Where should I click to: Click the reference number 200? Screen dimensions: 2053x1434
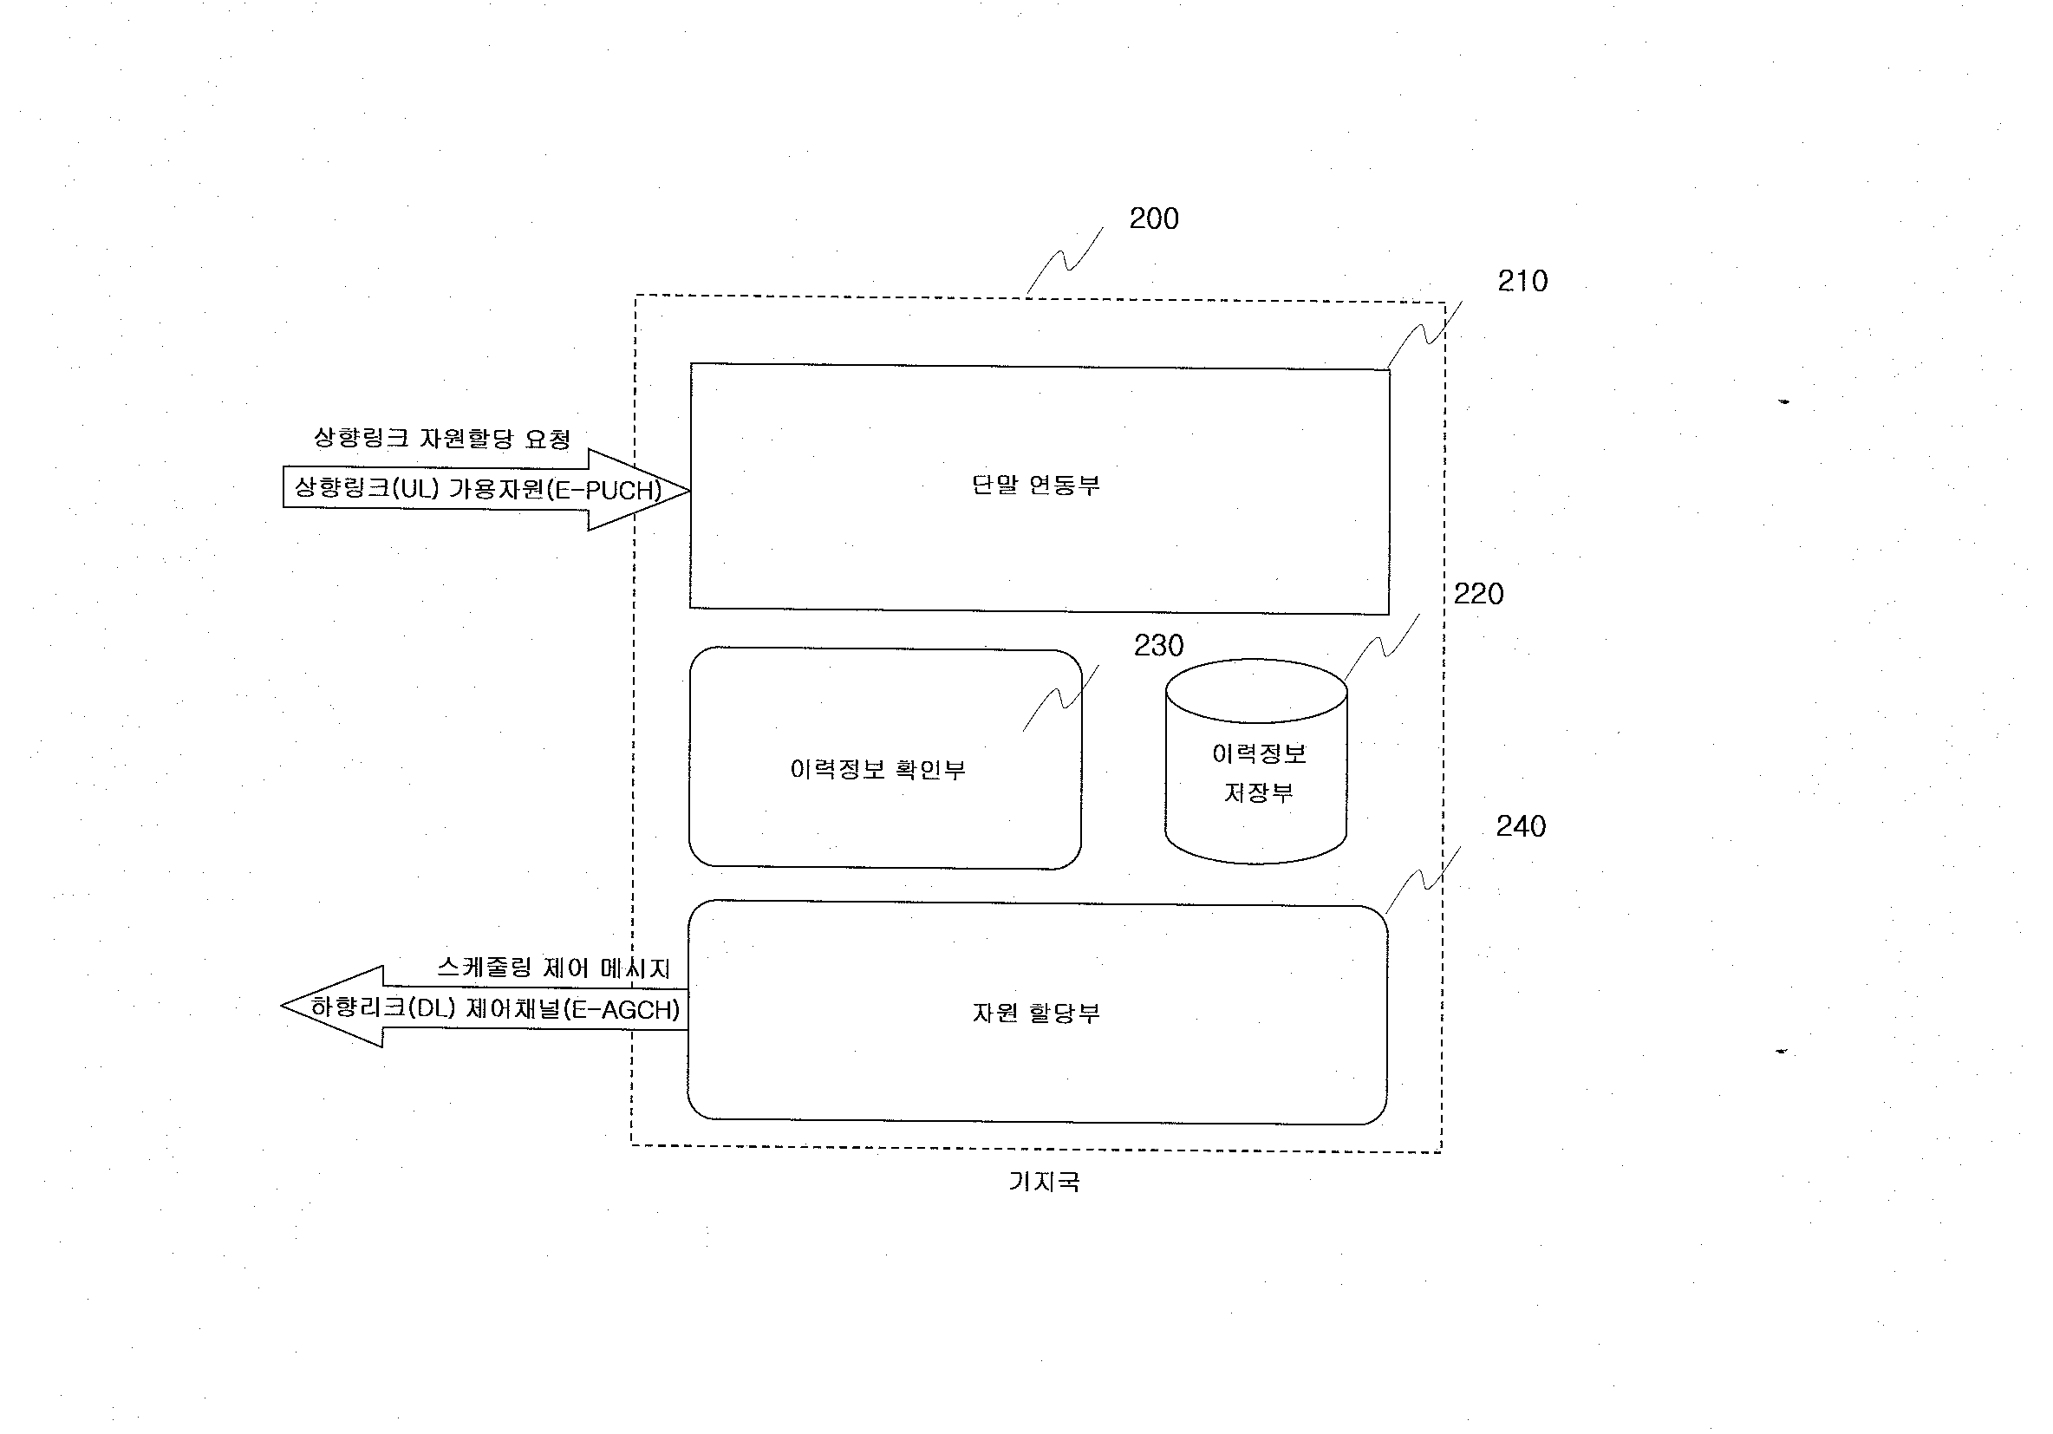(x=1153, y=218)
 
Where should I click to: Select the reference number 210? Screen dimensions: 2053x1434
(x=1522, y=281)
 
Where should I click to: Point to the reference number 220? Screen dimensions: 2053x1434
(x=1478, y=594)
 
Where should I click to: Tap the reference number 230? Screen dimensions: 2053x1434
(x=1159, y=646)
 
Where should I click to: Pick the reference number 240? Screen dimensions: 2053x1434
(x=1521, y=826)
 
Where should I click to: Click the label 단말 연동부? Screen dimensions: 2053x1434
(x=1035, y=486)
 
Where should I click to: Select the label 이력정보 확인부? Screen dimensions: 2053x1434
(x=878, y=770)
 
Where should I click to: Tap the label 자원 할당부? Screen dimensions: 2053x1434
(x=1035, y=1013)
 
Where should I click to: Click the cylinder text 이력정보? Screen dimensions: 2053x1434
(x=1259, y=753)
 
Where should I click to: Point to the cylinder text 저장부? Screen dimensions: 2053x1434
(x=1259, y=793)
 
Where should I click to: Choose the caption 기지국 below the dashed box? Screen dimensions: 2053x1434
(x=1044, y=1182)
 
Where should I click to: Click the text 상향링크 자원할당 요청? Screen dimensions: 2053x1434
(x=441, y=438)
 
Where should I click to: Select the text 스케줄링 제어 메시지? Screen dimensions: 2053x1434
(x=553, y=968)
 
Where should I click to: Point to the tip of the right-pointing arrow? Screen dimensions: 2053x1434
(x=689, y=490)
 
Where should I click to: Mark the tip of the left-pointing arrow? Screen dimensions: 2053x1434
(x=282, y=1006)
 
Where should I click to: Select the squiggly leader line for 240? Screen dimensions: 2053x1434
(x=1423, y=881)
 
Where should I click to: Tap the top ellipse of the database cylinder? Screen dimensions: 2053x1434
(x=1256, y=659)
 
